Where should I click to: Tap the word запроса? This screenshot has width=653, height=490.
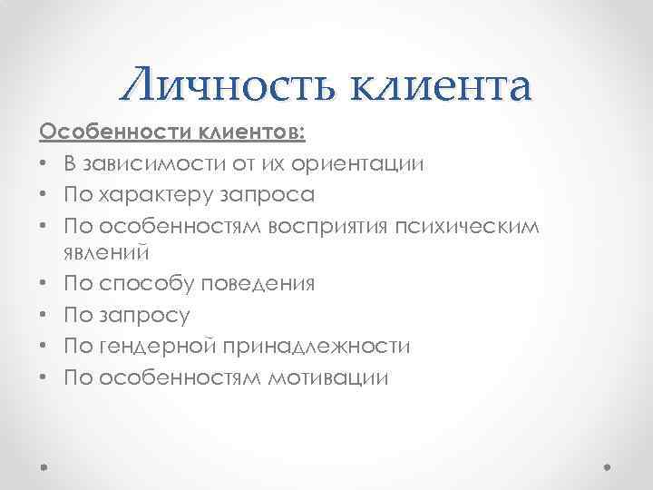click(270, 196)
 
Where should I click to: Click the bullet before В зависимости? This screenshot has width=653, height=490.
click(44, 165)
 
